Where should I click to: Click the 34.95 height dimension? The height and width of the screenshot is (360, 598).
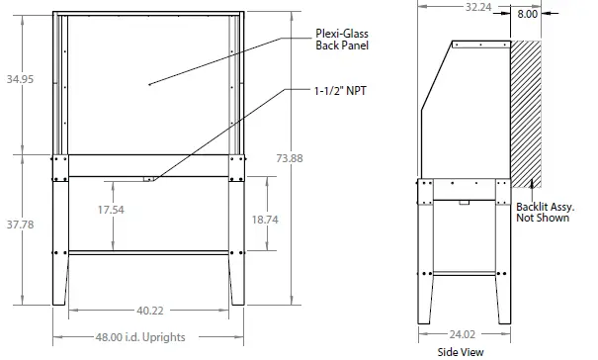[x=20, y=79]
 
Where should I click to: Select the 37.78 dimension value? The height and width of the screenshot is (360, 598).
[x=20, y=225]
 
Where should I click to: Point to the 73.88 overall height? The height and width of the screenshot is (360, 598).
[x=290, y=158]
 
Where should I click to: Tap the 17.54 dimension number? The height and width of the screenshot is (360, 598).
[x=111, y=210]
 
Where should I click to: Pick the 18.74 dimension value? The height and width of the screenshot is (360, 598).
[x=265, y=220]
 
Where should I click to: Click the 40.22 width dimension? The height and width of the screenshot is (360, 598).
[x=150, y=311]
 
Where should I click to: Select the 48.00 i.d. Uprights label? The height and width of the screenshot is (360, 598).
[x=140, y=337]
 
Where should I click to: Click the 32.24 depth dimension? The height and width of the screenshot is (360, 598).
[x=478, y=7]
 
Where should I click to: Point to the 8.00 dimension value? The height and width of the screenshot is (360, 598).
[x=527, y=14]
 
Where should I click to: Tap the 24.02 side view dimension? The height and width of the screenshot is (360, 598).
[x=463, y=334]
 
